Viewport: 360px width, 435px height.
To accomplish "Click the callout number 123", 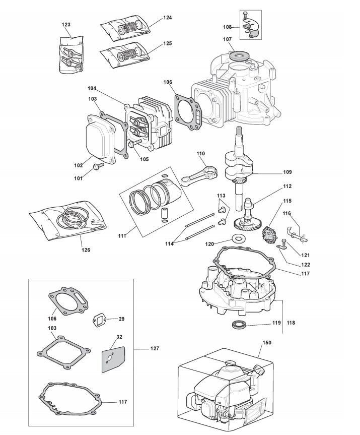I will click(x=66, y=24).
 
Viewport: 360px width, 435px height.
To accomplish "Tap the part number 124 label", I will click(x=168, y=18).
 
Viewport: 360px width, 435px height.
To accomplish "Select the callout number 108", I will click(x=227, y=27).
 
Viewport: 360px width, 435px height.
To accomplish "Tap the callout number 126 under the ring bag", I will click(x=85, y=249).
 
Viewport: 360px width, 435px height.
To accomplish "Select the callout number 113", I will click(x=221, y=195).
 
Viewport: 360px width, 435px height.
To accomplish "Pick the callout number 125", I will click(x=168, y=44).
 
